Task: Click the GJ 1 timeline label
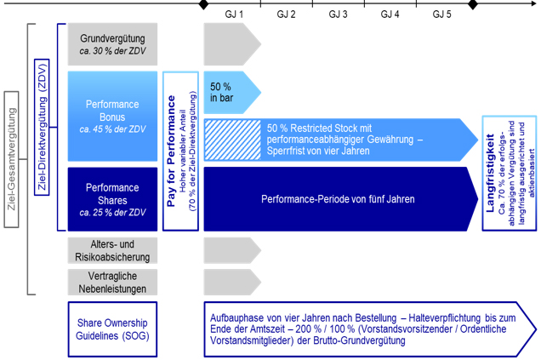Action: (234, 14)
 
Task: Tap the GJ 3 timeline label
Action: (338, 14)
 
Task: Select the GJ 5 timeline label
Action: (441, 14)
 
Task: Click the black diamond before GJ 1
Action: (204, 4)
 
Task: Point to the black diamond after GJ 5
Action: (473, 4)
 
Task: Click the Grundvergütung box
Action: (112, 44)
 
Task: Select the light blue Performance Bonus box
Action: (112, 117)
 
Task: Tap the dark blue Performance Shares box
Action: (112, 199)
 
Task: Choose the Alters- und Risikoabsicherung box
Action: (112, 250)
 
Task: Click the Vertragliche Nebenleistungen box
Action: (112, 283)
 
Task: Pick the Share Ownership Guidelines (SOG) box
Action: (112, 329)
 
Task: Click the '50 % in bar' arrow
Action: (232, 93)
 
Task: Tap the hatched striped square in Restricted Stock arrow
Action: (232, 140)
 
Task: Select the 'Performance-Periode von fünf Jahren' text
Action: (338, 199)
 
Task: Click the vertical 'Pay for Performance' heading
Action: (171, 151)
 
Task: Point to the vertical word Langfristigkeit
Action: (490, 173)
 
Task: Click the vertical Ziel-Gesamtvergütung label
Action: (11, 159)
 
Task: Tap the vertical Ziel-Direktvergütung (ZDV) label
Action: (42, 127)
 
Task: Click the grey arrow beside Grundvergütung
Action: (232, 44)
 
